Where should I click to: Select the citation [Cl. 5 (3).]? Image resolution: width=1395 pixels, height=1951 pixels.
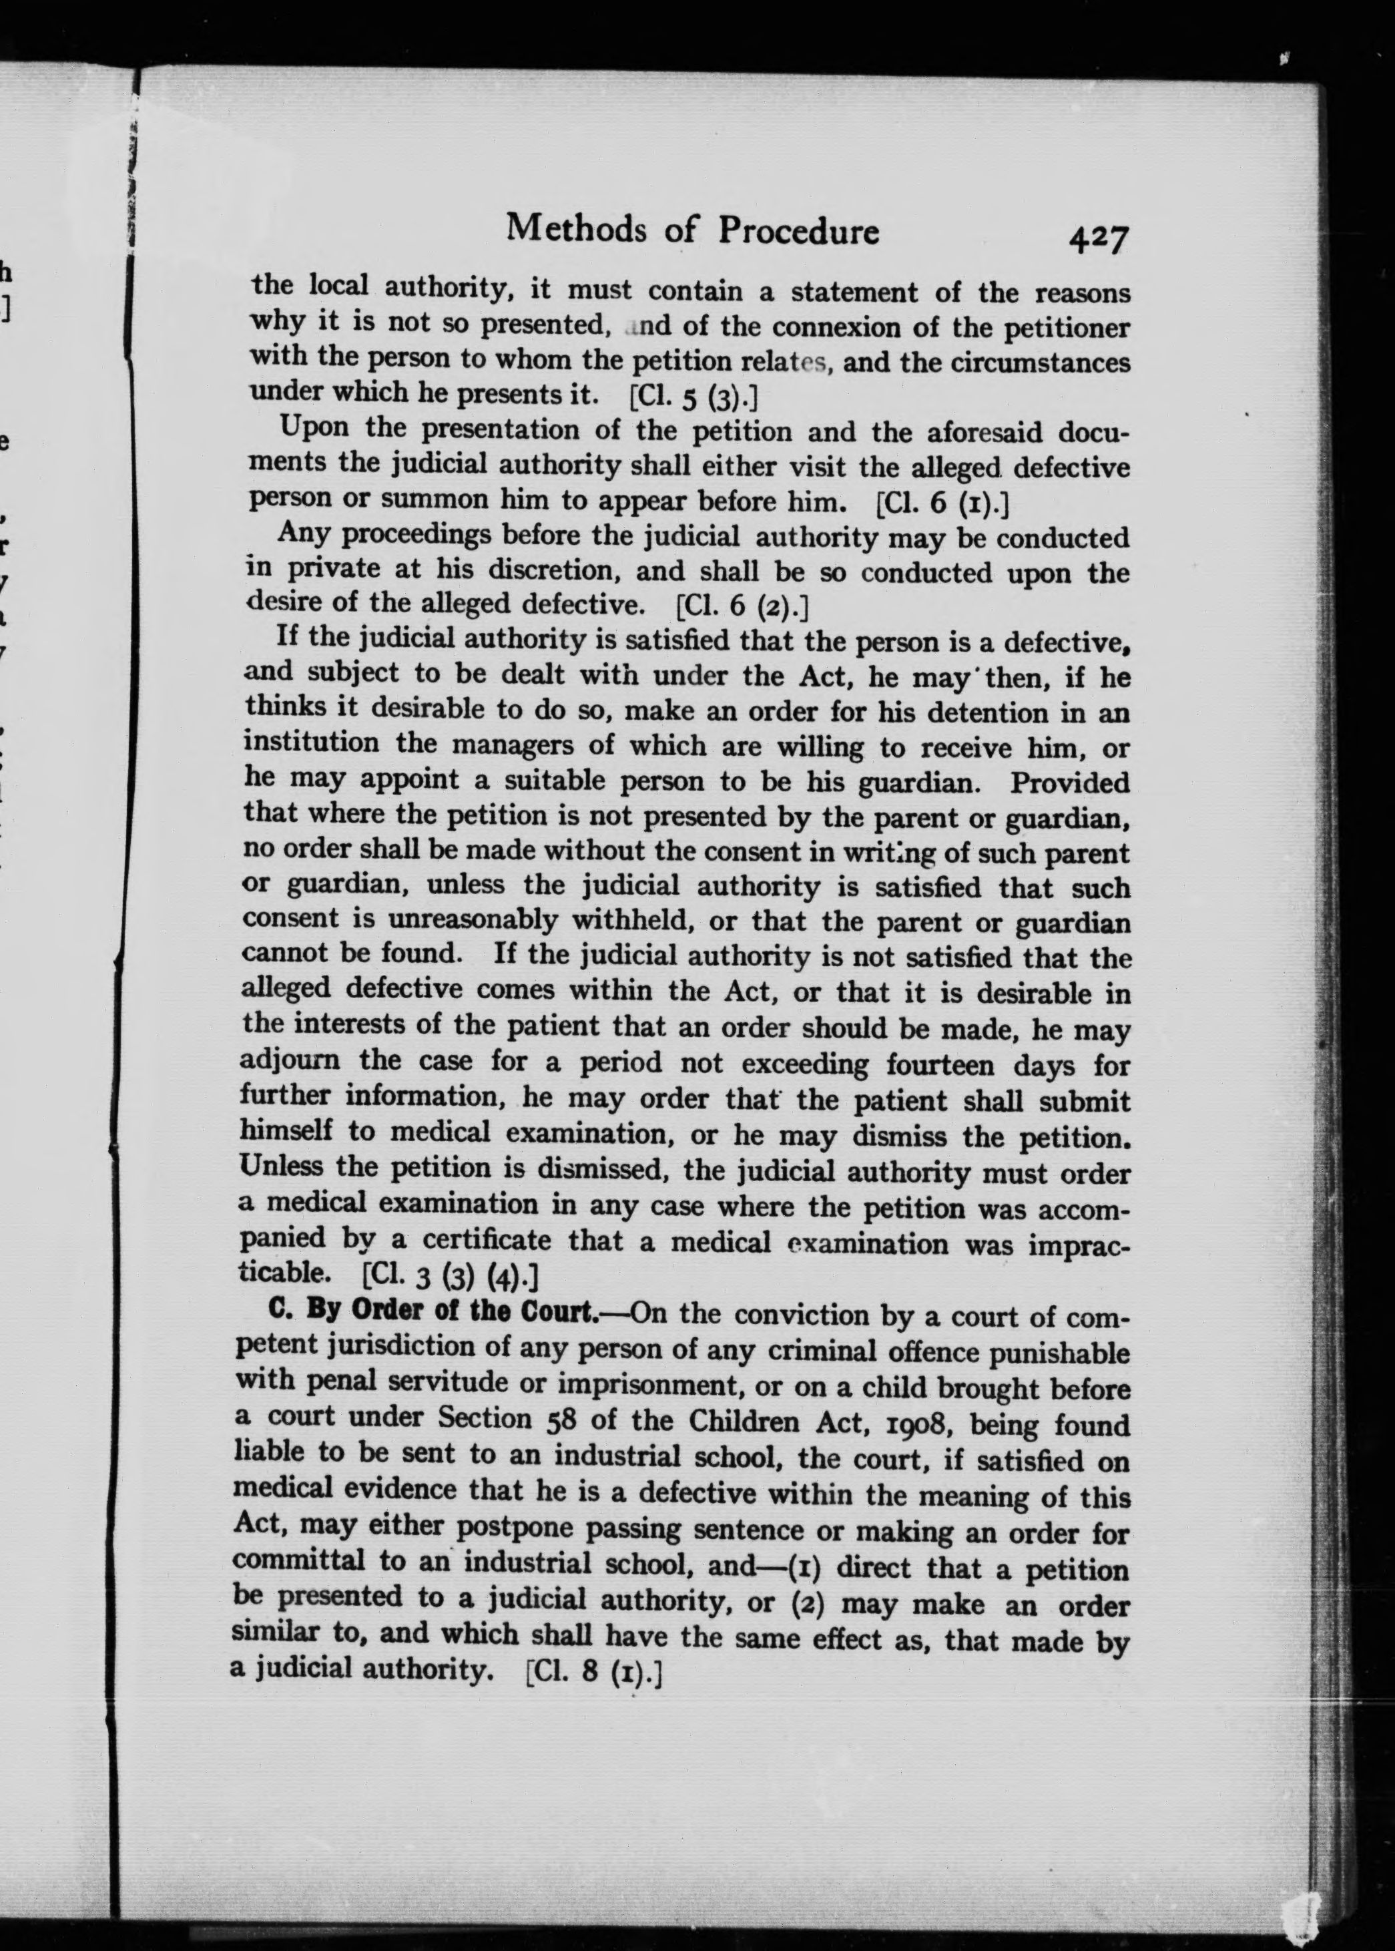(693, 397)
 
